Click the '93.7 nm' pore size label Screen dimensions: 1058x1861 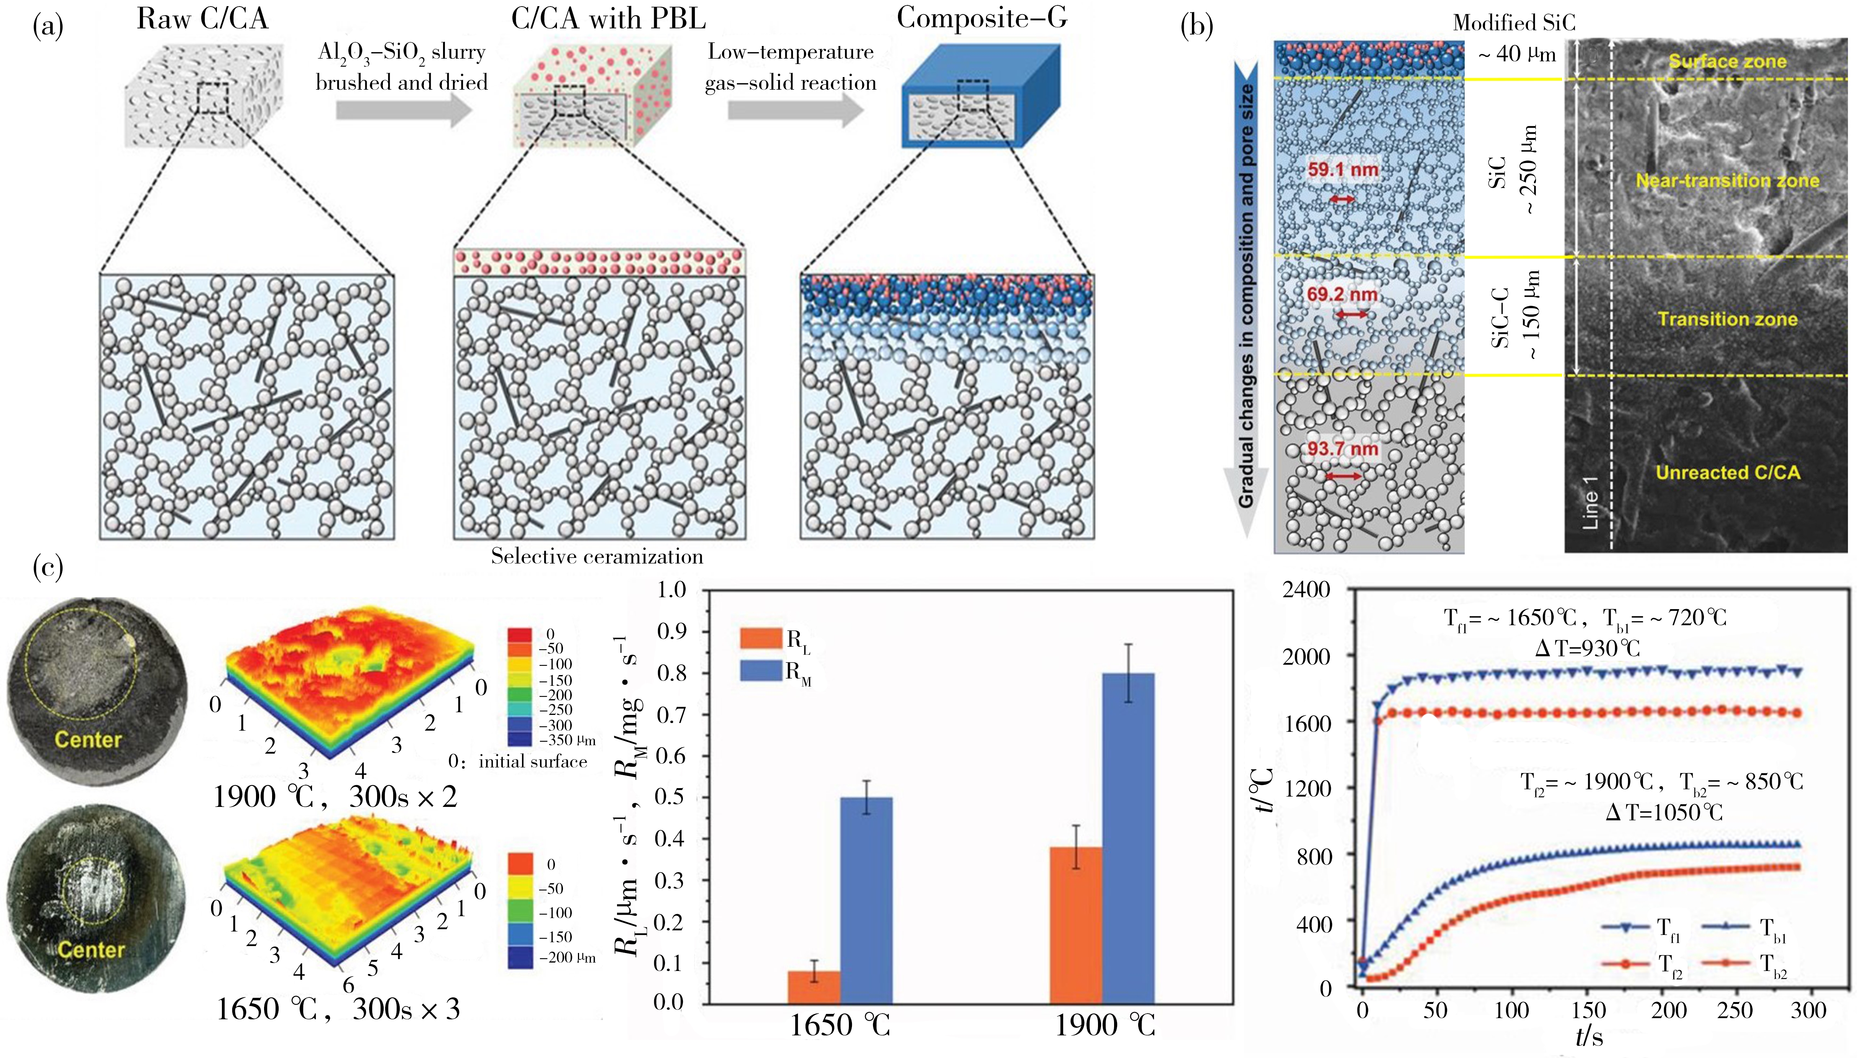(1342, 449)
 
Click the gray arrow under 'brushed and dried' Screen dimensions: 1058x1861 (404, 110)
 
